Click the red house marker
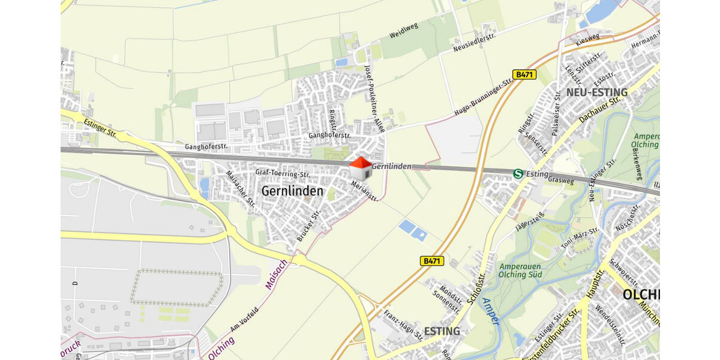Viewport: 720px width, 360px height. (361, 168)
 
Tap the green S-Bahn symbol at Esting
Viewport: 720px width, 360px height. (518, 173)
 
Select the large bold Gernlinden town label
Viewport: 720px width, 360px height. (292, 191)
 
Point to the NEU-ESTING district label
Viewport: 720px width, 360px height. (596, 92)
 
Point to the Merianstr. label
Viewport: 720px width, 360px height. (364, 191)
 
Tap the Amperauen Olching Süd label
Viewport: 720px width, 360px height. (520, 270)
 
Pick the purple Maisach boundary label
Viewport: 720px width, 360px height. (275, 275)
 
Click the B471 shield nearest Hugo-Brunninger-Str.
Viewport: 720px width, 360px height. (524, 74)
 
